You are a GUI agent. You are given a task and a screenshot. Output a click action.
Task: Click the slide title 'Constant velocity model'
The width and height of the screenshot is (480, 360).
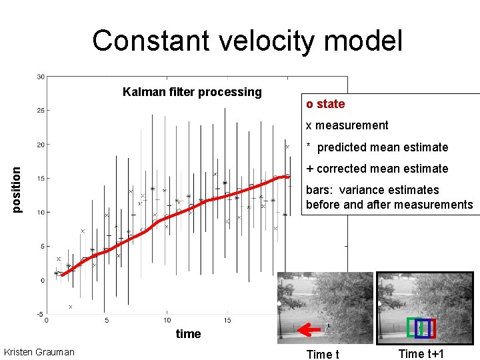(x=247, y=41)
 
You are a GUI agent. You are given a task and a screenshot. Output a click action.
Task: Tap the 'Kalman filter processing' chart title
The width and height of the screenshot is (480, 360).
(x=192, y=92)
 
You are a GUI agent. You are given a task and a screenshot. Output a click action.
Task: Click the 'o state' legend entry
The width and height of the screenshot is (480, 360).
(x=325, y=104)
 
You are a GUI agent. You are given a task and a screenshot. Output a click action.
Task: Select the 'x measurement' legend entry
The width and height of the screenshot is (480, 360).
(x=347, y=125)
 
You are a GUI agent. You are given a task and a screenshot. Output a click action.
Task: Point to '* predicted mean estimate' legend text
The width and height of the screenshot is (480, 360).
(x=377, y=147)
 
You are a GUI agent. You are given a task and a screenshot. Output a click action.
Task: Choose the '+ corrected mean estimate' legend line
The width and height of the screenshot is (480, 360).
(x=377, y=169)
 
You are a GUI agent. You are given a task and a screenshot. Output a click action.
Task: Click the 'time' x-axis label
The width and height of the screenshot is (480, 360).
(x=188, y=334)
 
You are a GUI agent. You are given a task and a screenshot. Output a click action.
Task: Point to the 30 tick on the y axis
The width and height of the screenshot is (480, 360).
(x=40, y=77)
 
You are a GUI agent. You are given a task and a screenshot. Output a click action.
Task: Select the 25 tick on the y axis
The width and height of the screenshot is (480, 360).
(x=40, y=111)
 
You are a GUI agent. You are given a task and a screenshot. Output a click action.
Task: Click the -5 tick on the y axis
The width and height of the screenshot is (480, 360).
(x=40, y=314)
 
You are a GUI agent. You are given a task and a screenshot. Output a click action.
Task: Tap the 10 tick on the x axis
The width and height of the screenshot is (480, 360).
(x=167, y=321)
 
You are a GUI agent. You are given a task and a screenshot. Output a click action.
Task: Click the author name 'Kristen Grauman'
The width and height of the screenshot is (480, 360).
(x=39, y=352)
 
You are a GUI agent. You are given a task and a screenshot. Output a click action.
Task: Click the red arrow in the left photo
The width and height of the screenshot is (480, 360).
(x=308, y=329)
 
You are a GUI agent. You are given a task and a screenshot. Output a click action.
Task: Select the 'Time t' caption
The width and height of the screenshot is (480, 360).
(x=322, y=354)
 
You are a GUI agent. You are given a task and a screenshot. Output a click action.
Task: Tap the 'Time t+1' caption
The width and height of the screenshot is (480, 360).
(x=421, y=354)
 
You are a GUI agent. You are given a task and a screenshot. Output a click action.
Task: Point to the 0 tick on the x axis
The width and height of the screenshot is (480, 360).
(x=46, y=321)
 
